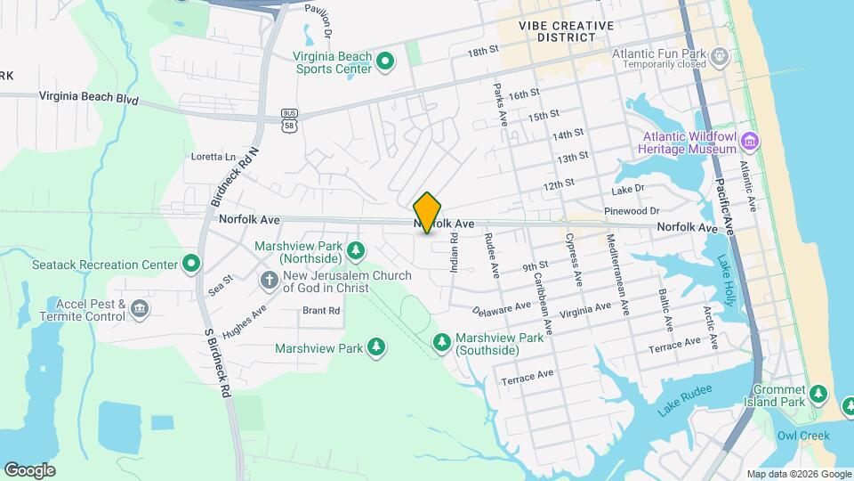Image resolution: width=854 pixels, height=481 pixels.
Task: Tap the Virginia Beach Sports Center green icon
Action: click(385, 61)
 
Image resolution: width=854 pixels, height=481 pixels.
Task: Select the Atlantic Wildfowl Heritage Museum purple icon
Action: click(751, 141)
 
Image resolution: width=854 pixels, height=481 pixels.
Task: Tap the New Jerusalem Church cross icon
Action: click(269, 281)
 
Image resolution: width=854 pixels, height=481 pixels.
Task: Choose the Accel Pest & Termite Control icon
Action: click(140, 309)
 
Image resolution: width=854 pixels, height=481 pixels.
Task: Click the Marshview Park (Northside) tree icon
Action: click(356, 250)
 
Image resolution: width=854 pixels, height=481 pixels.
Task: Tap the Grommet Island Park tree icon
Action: click(819, 393)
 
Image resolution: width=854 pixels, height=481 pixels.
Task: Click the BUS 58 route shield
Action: click(288, 120)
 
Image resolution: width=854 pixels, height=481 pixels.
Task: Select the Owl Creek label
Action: click(802, 436)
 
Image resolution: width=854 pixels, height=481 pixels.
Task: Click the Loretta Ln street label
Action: click(213, 156)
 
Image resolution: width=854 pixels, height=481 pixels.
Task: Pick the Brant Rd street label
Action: click(321, 311)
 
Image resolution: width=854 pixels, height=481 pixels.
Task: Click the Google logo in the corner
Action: click(29, 469)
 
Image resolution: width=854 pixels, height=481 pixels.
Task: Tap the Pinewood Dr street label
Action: click(630, 210)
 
